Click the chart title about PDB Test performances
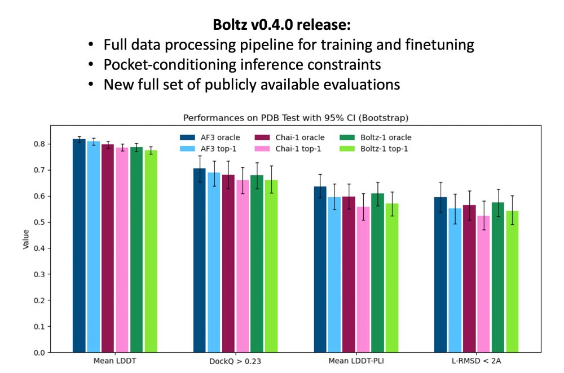296,118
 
